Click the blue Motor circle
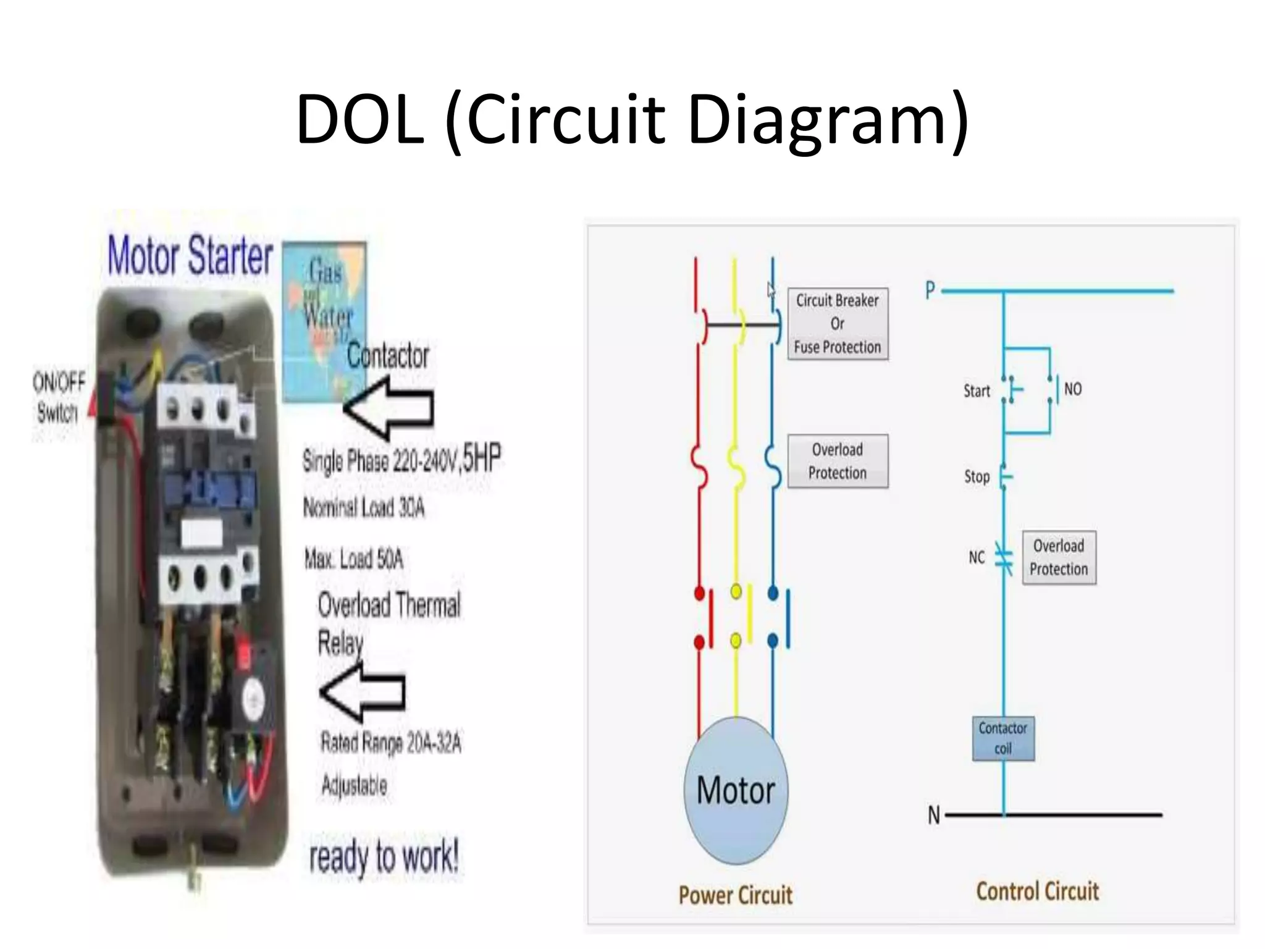736,790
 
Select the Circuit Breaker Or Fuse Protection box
838,324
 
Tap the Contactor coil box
1002,738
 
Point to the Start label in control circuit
977,391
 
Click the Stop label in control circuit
977,477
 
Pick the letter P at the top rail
930,290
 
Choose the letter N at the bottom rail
934,816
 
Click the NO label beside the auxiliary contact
1073,389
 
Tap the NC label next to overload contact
977,558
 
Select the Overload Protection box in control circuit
1059,557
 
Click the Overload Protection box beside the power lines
838,462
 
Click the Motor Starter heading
190,255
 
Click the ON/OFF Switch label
58,397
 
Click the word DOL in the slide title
360,119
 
